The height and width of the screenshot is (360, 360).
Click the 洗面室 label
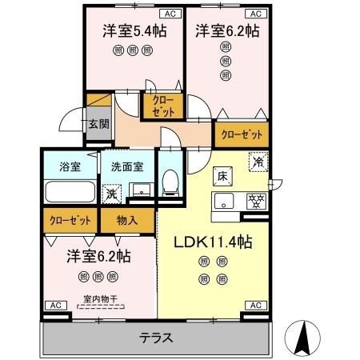pyautogui.click(x=126, y=166)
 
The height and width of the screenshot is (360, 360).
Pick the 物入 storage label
pyautogui.click(x=126, y=218)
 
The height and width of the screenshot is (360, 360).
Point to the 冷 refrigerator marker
pyautogui.click(x=259, y=159)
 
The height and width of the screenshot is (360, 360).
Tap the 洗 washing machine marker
pyautogui.click(x=111, y=193)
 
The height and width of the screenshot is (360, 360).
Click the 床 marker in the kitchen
pyautogui.click(x=222, y=174)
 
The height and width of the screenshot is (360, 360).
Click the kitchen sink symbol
pyautogui.click(x=223, y=200)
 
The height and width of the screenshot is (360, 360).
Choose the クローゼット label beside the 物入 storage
pyautogui.click(x=68, y=218)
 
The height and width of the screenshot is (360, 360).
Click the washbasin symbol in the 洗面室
pyautogui.click(x=142, y=190)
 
